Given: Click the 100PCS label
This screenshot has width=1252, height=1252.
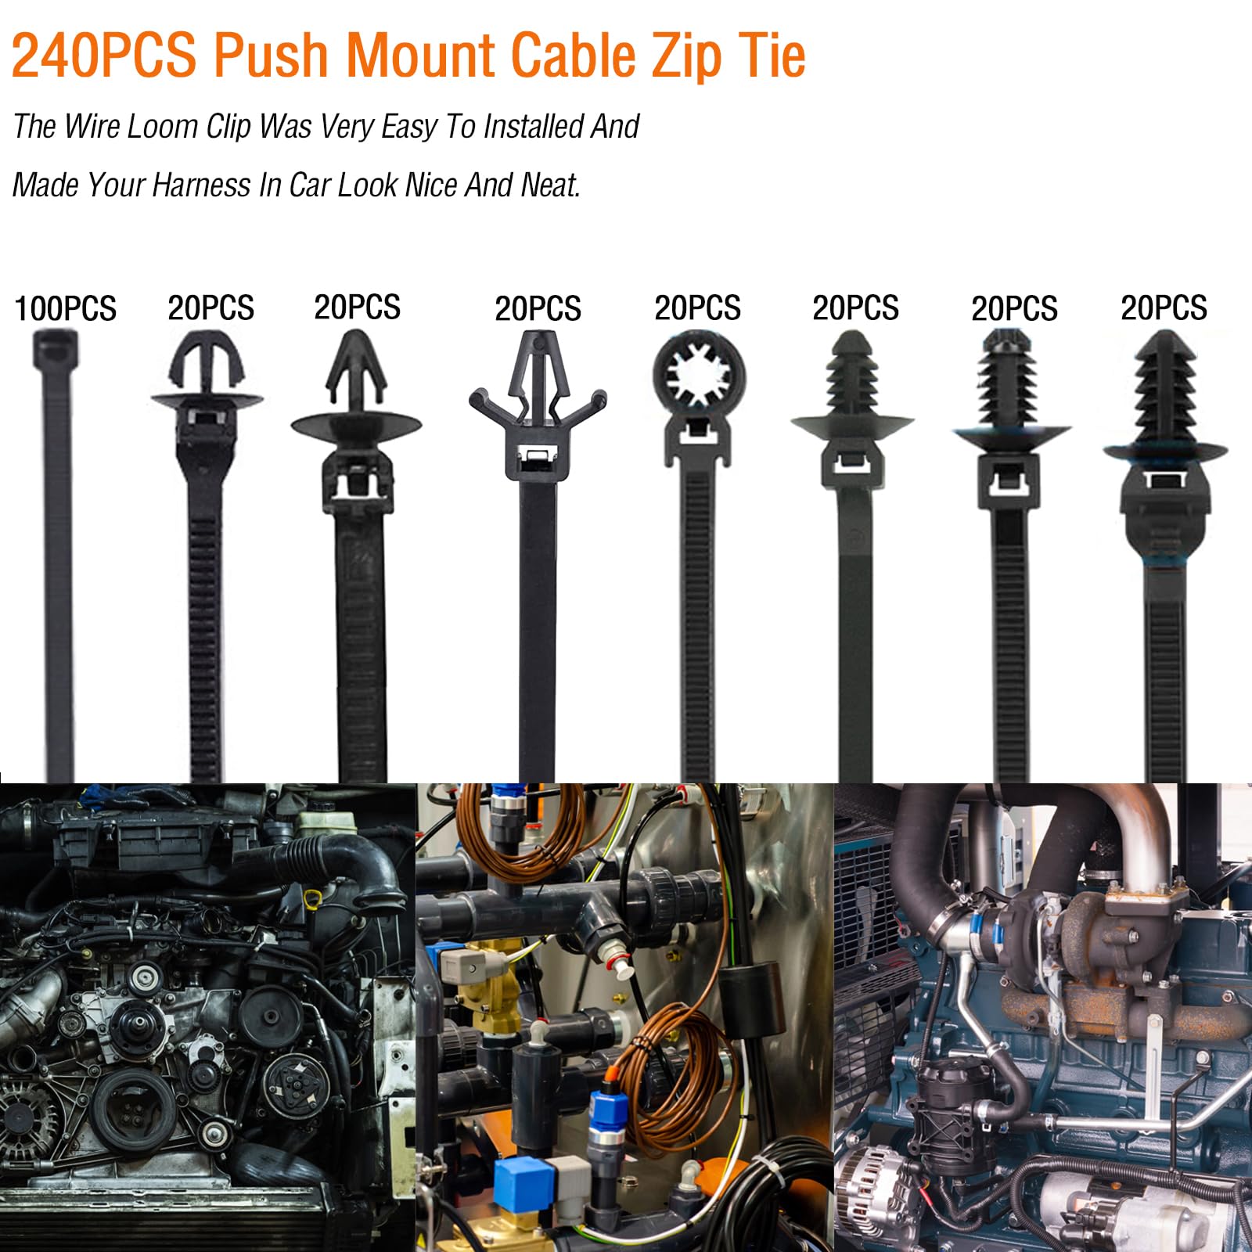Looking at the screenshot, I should pos(65,308).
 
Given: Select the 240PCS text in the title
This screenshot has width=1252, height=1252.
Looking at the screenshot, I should pos(103,56).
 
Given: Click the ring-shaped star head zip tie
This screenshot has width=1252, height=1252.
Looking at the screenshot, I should pos(699,377).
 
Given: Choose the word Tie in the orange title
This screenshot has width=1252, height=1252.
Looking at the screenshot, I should pos(775,56).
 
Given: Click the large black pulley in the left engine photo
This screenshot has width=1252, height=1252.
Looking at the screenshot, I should pos(125,1111).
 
